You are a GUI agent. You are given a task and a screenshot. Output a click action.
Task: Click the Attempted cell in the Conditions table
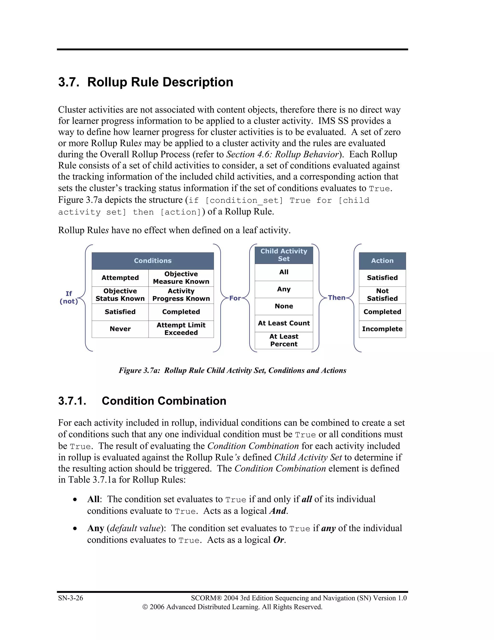[120, 277]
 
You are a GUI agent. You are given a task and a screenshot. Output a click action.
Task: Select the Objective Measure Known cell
[181, 277]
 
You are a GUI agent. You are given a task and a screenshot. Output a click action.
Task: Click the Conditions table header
[152, 261]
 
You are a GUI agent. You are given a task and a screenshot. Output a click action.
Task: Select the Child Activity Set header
[284, 255]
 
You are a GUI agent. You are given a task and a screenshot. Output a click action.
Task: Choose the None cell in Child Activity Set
[284, 306]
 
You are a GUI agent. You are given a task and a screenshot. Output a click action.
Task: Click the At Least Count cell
[284, 323]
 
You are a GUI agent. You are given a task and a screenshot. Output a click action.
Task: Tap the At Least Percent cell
[284, 340]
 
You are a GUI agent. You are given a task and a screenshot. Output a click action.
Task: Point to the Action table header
[382, 261]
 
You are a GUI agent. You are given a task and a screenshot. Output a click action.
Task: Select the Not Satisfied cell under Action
[382, 295]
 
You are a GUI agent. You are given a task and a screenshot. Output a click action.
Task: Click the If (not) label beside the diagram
[69, 298]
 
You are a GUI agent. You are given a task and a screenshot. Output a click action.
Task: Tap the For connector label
[235, 298]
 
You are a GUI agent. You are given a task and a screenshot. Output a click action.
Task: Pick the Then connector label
[336, 298]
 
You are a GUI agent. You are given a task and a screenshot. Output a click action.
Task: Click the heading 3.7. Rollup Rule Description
[145, 82]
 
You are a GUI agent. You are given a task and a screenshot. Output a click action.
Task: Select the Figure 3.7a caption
[232, 370]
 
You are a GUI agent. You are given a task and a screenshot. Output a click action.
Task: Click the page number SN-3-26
[70, 598]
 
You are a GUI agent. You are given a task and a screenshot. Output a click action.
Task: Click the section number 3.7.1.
[72, 401]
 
